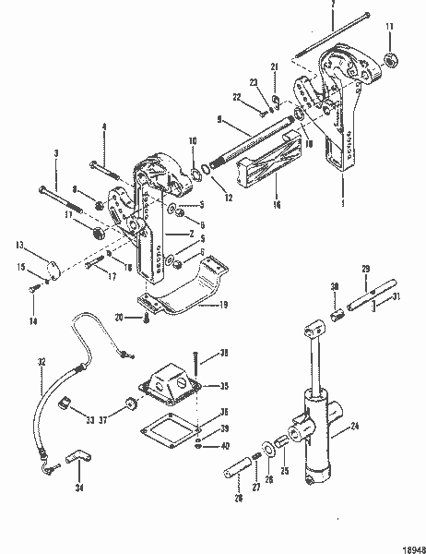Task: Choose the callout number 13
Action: tap(18, 247)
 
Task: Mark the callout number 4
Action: tap(105, 126)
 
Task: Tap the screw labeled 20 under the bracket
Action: tap(147, 319)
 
